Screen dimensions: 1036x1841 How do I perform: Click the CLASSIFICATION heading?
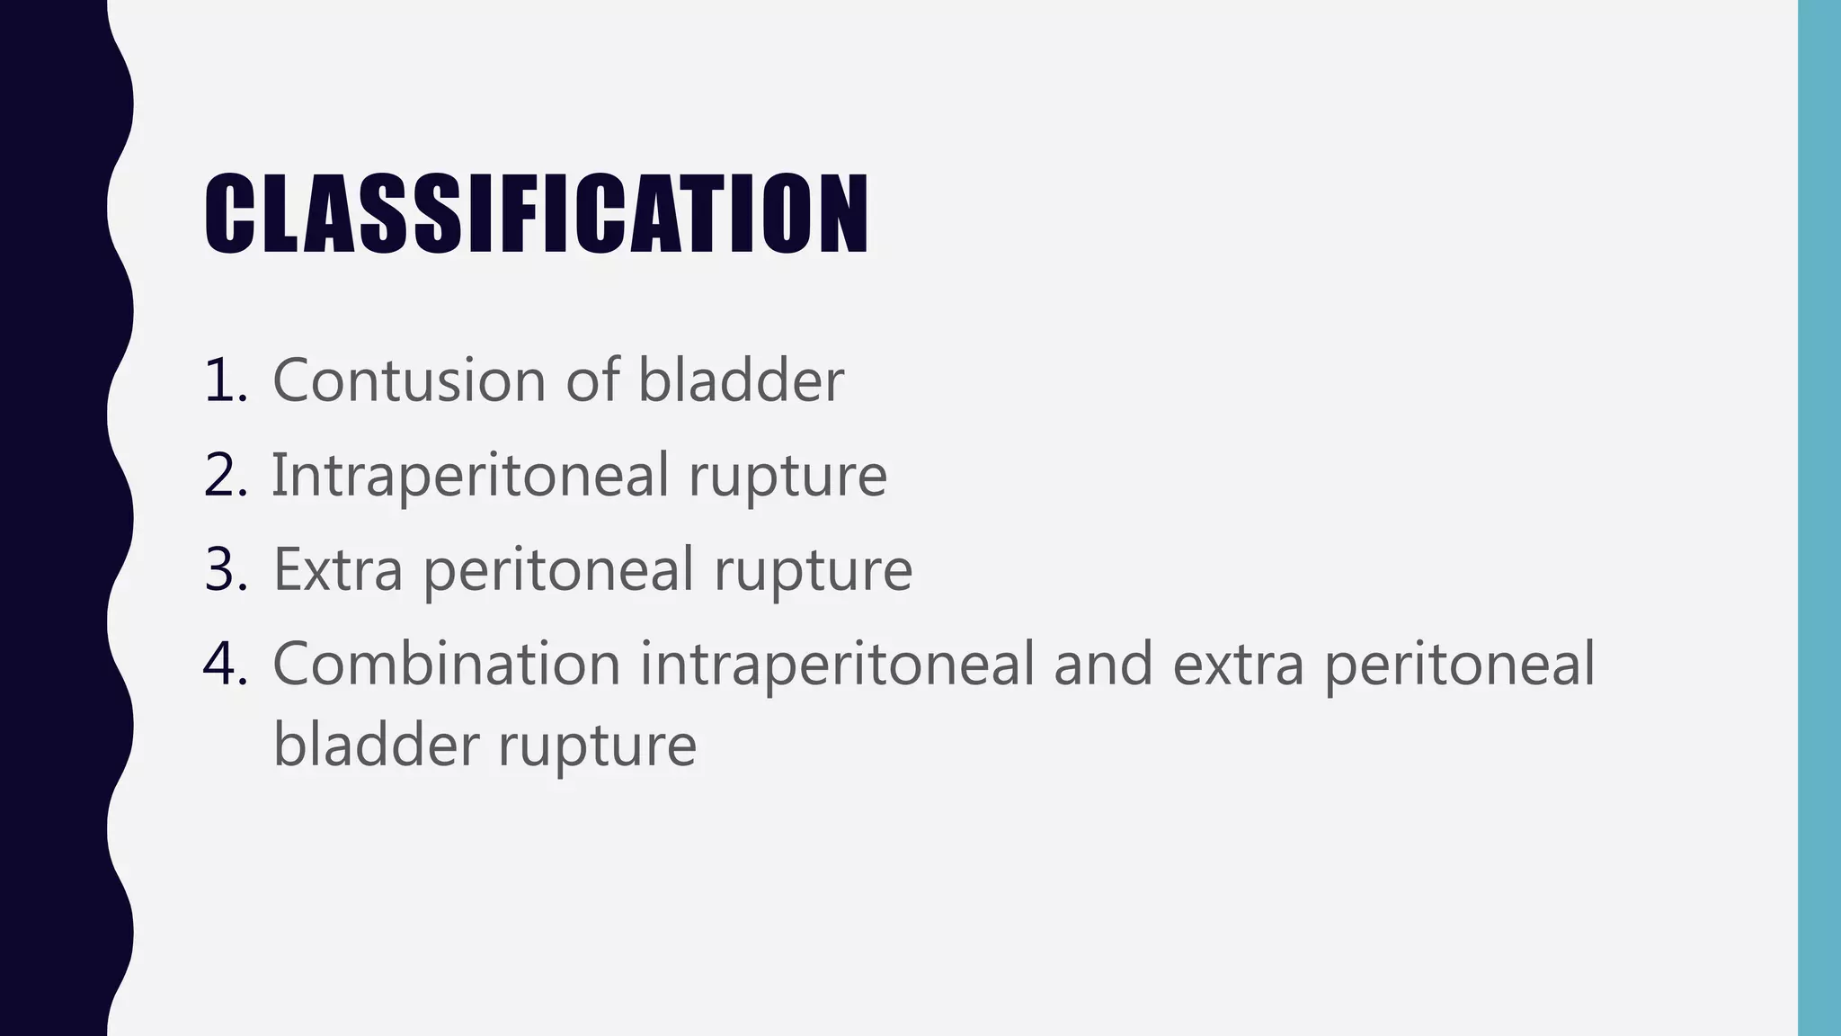pyautogui.click(x=537, y=214)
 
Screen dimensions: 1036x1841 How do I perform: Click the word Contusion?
pyautogui.click(x=409, y=380)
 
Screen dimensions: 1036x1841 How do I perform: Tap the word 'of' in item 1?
pyautogui.click(x=592, y=380)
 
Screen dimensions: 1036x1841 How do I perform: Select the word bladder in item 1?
pyautogui.click(x=741, y=380)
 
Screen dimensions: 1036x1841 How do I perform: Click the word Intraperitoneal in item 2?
pyautogui.click(x=470, y=475)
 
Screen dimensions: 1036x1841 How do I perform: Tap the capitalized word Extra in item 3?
pyautogui.click(x=338, y=569)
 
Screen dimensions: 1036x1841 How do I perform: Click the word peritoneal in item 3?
pyautogui.click(x=558, y=571)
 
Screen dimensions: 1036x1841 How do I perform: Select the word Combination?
pyautogui.click(x=447, y=664)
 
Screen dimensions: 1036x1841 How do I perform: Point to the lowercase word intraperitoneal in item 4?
pyautogui.click(x=838, y=665)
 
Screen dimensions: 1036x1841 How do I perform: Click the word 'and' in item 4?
pyautogui.click(x=1103, y=664)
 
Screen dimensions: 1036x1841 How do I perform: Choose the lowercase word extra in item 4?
pyautogui.click(x=1238, y=664)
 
